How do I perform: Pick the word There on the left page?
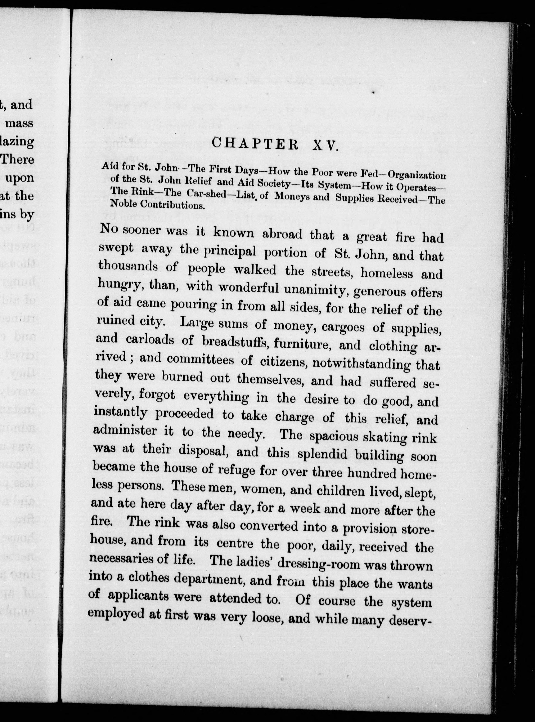coord(18,159)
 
